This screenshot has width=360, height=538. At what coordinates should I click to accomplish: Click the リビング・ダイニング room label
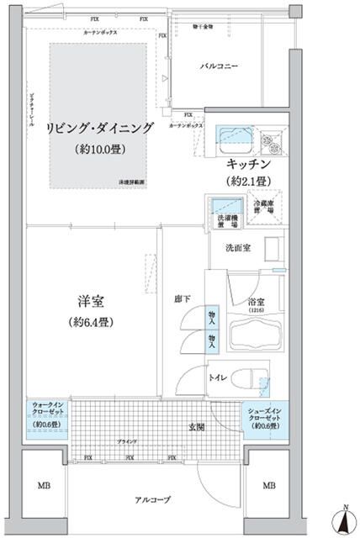pyautogui.click(x=100, y=128)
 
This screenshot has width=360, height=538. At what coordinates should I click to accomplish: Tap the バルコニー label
pyautogui.click(x=220, y=65)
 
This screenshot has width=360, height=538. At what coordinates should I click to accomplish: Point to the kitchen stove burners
pyautogui.click(x=271, y=137)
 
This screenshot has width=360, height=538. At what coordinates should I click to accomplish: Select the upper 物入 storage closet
pyautogui.click(x=213, y=314)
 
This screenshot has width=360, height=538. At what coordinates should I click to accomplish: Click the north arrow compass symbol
pyautogui.click(x=345, y=520)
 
